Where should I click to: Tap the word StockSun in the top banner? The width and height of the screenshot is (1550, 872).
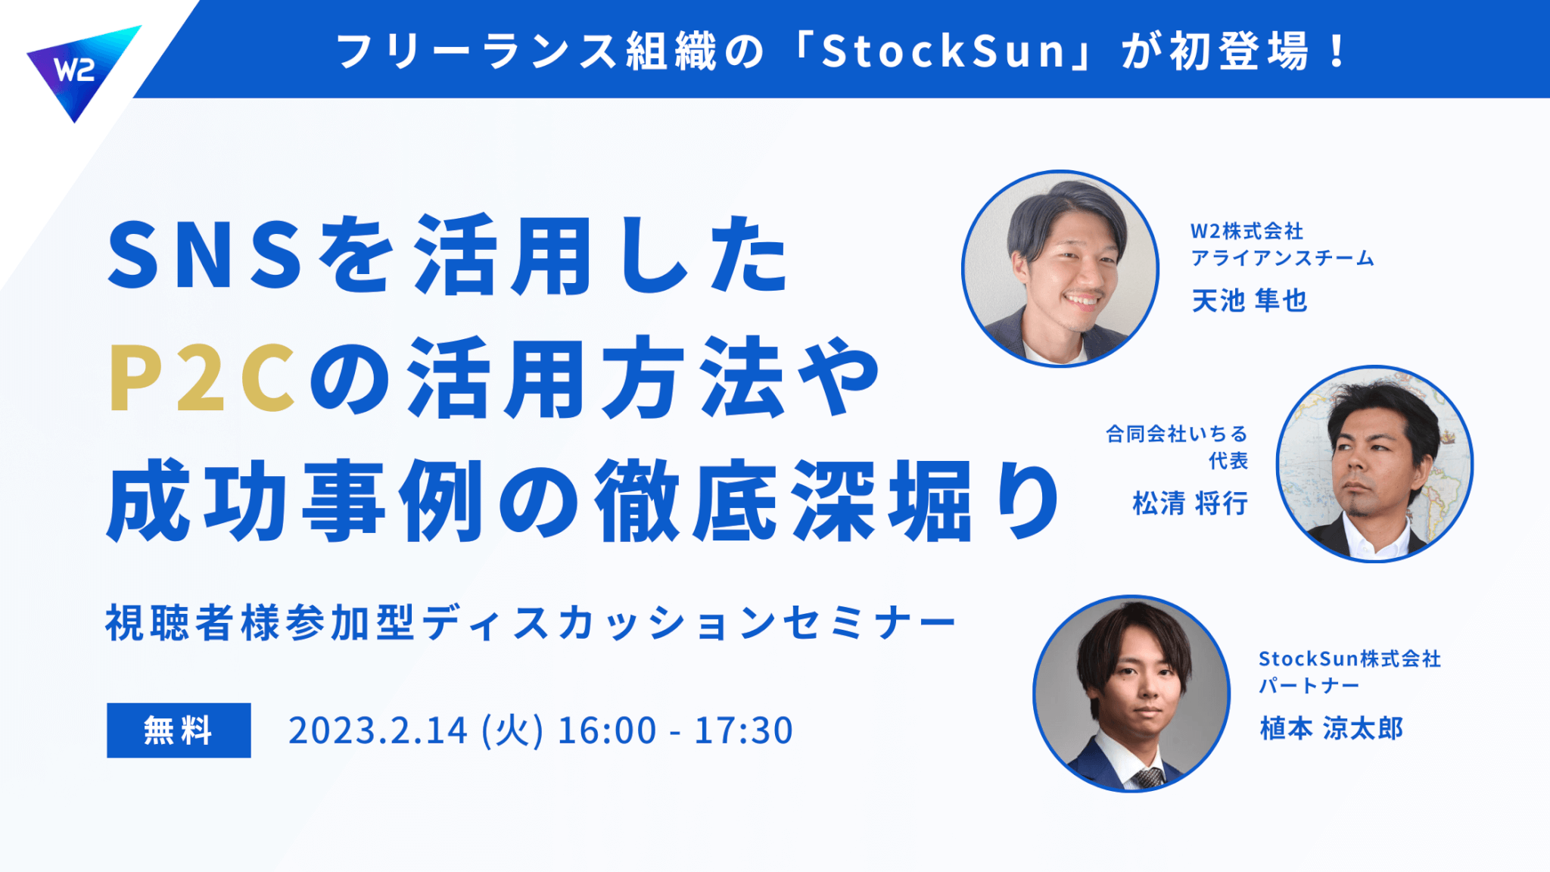pos(945,51)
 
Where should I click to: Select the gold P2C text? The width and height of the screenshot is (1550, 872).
pos(201,378)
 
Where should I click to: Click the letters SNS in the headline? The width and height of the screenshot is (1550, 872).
pos(205,254)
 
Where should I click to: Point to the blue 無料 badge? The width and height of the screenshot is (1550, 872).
pos(179,730)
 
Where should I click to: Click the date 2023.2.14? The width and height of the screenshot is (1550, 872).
pos(378,730)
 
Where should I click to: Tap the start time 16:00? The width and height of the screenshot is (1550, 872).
pos(607,730)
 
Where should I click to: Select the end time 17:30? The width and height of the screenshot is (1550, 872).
pos(743,730)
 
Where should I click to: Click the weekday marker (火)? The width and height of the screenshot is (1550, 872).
pos(512,730)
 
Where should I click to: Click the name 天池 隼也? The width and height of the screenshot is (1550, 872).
pos(1250,301)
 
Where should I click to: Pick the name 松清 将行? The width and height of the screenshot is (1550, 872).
pos(1190,503)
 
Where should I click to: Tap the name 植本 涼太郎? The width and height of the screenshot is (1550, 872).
pos(1331,728)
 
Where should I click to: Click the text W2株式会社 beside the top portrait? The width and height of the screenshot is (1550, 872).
pos(1247,231)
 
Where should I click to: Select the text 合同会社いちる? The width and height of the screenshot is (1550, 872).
pos(1176,434)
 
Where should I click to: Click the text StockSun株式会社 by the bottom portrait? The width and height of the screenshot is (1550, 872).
pos(1349,659)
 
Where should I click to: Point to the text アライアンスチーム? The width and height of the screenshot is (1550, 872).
pos(1282,258)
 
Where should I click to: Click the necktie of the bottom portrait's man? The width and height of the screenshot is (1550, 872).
pos(1148,777)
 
